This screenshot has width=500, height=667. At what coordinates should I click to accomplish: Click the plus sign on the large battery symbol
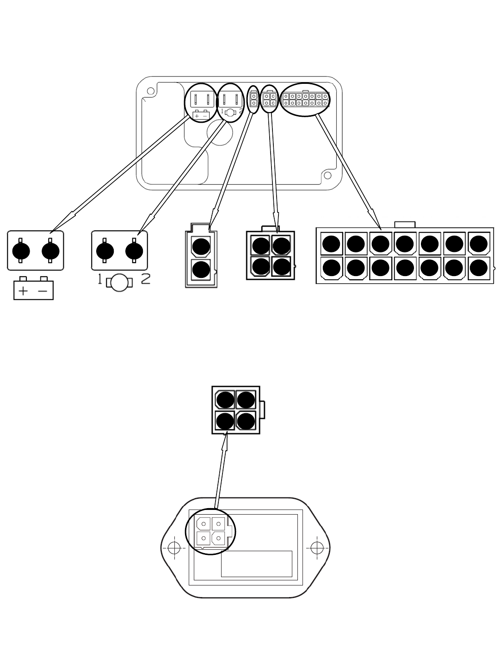[x=23, y=291]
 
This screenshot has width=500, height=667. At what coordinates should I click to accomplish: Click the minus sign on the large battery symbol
[x=43, y=291]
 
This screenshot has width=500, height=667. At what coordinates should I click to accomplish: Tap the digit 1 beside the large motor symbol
[x=99, y=279]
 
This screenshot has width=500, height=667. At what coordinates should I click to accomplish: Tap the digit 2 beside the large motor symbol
[x=146, y=279]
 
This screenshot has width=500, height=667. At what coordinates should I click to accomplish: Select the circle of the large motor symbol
[x=119, y=283]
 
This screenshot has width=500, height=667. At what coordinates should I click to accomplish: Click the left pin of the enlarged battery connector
[x=21, y=251]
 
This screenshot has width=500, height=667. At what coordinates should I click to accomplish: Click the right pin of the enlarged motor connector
[x=134, y=251]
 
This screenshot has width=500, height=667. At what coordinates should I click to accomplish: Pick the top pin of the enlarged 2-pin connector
[x=201, y=246]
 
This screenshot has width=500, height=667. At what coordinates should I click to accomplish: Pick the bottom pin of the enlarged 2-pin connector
[x=201, y=269]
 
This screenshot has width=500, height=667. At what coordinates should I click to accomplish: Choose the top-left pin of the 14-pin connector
[x=331, y=244]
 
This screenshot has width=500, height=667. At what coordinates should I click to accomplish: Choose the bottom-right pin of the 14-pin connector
[x=478, y=268]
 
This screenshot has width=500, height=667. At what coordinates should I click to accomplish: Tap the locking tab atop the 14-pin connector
[x=405, y=225]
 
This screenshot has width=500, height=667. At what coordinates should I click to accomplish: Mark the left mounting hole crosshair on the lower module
[x=174, y=547]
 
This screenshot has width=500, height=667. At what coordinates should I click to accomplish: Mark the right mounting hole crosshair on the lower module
[x=317, y=547]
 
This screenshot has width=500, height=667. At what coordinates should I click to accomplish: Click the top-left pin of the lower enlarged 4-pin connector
[x=225, y=400]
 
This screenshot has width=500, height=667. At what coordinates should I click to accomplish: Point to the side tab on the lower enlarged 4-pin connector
[x=262, y=409]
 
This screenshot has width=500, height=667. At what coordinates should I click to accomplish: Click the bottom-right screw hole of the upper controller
[x=327, y=175]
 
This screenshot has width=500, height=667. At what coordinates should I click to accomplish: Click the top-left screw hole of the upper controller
[x=150, y=91]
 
